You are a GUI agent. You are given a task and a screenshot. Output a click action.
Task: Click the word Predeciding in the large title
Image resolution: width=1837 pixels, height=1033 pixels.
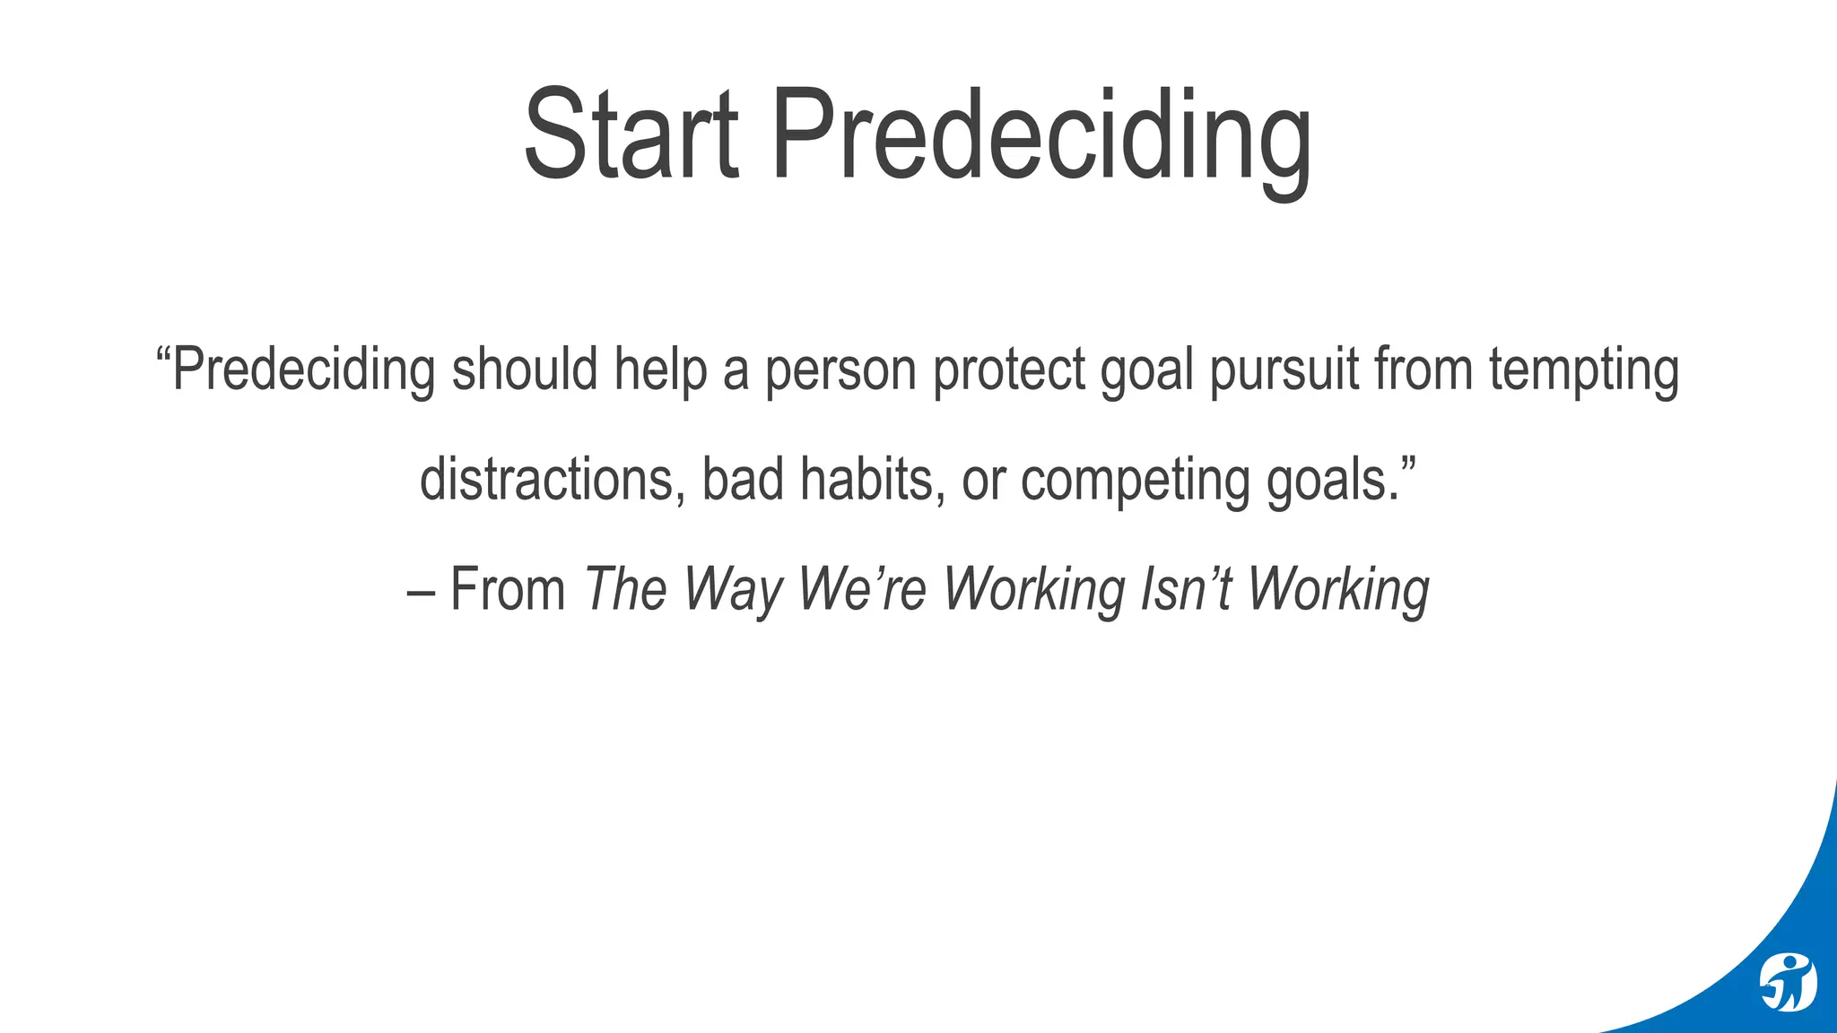click(x=1040, y=139)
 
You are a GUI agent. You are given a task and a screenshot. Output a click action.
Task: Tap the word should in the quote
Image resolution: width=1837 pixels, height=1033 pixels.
click(x=525, y=369)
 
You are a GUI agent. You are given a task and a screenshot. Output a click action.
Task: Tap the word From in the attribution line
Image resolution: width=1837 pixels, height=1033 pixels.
click(x=508, y=590)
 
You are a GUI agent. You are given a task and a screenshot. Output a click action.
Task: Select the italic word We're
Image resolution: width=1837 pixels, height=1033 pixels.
click(x=861, y=590)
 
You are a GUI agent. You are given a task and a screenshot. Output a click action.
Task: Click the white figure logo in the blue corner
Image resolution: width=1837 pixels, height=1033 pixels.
click(x=1787, y=983)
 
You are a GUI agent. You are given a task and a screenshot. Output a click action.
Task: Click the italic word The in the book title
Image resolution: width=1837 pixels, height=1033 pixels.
click(x=626, y=590)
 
